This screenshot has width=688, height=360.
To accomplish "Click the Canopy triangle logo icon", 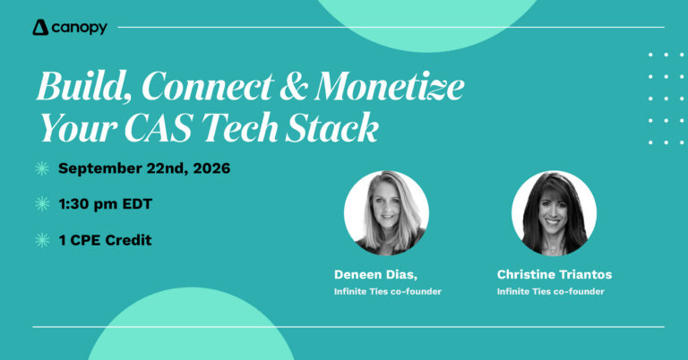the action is pyautogui.click(x=40, y=27).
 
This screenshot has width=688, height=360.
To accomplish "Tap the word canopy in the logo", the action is pyautogui.click(x=80, y=29).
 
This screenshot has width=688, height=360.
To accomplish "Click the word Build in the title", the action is pyautogui.click(x=84, y=86).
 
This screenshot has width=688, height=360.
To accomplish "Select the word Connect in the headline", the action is pyautogui.click(x=208, y=86).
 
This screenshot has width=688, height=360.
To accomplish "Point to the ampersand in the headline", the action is pyautogui.click(x=294, y=86).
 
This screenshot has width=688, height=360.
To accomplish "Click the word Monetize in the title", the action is pyautogui.click(x=389, y=86).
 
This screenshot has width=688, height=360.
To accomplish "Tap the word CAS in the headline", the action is pyautogui.click(x=159, y=128).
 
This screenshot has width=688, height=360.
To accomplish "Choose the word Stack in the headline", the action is pyautogui.click(x=331, y=127).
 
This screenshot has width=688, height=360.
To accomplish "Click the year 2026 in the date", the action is pyautogui.click(x=211, y=168).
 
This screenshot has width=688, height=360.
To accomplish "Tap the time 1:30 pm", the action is pyautogui.click(x=88, y=204).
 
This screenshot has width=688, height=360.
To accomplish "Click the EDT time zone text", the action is pyautogui.click(x=137, y=204).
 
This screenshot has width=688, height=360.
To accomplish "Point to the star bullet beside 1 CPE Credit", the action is pyautogui.click(x=42, y=240).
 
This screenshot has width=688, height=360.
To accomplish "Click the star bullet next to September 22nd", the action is pyautogui.click(x=42, y=169).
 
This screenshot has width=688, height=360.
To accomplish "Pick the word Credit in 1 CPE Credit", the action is pyautogui.click(x=129, y=240).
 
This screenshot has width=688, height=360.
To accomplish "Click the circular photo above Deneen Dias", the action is pyautogui.click(x=386, y=213).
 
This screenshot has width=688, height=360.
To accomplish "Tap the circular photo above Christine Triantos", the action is pyautogui.click(x=554, y=213).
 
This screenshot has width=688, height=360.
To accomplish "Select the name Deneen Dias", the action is pyautogui.click(x=375, y=275).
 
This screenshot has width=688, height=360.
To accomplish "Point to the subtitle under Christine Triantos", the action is pyautogui.click(x=551, y=292).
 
